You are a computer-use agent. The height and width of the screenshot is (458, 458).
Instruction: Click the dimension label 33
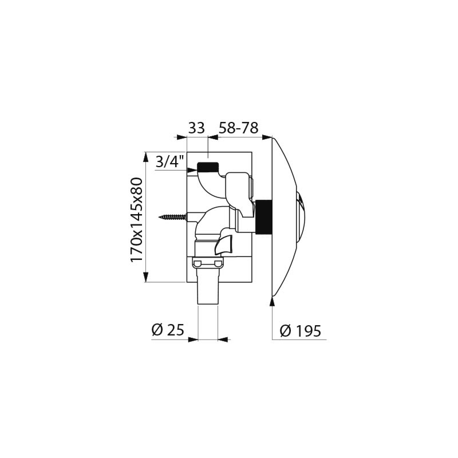point(196,128)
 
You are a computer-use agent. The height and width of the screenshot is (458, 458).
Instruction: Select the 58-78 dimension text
point(239,128)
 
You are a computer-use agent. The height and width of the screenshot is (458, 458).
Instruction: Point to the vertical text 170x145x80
point(136,220)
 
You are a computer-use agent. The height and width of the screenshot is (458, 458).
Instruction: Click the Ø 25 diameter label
point(167,330)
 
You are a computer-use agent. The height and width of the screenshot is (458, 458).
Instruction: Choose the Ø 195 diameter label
point(300,330)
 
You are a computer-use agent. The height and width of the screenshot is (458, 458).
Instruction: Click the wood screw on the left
point(173,217)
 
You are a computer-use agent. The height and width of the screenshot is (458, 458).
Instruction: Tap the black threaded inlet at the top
point(208,168)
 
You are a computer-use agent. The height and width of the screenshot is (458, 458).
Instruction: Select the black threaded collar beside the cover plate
point(264,218)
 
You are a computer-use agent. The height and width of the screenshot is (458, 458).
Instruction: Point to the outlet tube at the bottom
point(208,293)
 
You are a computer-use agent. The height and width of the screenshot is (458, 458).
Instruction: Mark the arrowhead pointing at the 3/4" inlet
point(192,170)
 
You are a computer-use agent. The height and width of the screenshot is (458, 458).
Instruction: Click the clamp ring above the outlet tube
point(208,263)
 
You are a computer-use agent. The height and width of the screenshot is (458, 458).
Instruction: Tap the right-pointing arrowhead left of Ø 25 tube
point(193,339)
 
